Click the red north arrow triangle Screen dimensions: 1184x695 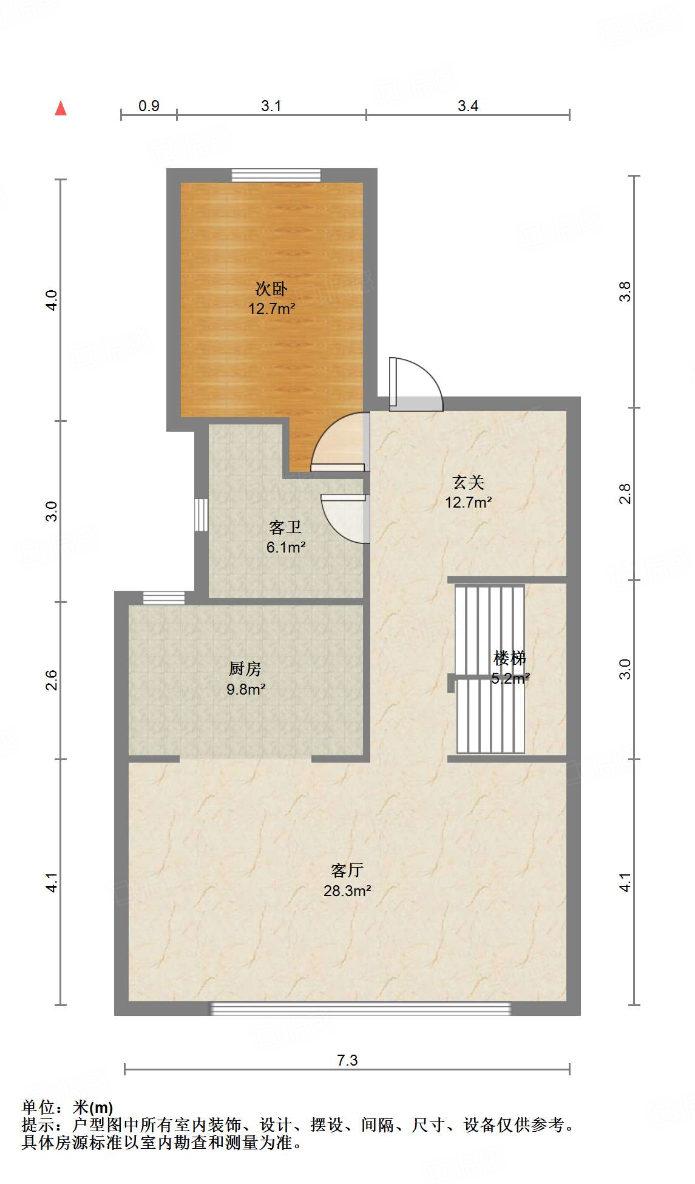coord(61,109)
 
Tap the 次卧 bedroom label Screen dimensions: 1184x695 coord(271,288)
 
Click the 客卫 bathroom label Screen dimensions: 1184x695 coord(285,527)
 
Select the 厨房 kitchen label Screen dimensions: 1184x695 coord(245,669)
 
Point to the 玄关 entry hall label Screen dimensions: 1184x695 coord(469,483)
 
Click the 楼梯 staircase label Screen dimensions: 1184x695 coord(510,658)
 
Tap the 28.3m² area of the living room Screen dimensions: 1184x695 coord(347,891)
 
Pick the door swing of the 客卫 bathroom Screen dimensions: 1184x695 coord(345,517)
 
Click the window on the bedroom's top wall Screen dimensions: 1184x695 coord(276,175)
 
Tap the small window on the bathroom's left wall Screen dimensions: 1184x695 coord(201,515)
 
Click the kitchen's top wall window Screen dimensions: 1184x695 coord(164,597)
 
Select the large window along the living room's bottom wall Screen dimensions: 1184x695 coord(361,1009)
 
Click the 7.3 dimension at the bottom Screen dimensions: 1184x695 coord(347,1060)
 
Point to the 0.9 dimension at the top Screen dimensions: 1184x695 coord(149,106)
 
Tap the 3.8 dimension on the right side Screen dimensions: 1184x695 coord(625,292)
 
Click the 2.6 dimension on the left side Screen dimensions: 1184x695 coord(52,679)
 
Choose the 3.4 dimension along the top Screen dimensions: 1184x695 coord(468,106)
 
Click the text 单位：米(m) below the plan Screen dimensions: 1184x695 coord(67,1107)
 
